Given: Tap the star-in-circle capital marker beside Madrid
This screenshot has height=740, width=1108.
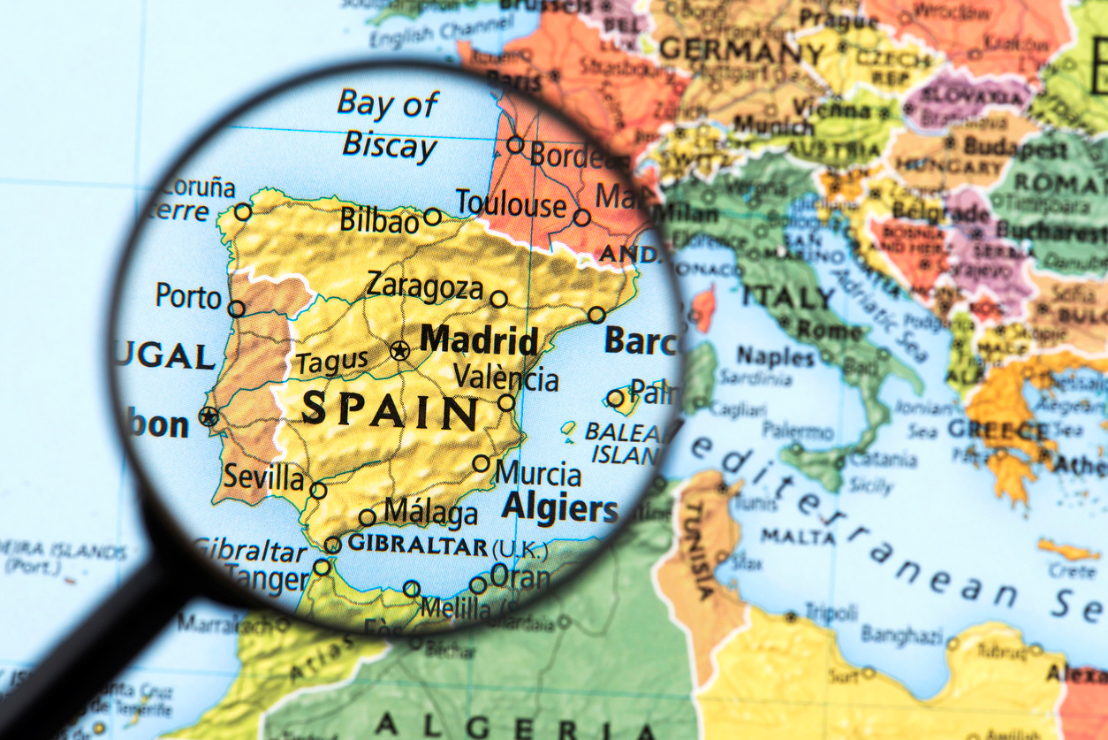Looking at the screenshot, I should [x=399, y=350].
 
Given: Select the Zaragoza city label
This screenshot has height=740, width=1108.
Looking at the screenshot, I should [x=425, y=286].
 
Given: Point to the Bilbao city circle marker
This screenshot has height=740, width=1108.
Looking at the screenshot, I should [x=432, y=216].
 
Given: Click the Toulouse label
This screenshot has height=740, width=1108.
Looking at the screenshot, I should [x=510, y=204].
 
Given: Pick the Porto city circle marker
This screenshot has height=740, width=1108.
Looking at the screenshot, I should [x=236, y=309].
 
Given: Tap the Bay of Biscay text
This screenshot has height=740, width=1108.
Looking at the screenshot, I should [x=389, y=125].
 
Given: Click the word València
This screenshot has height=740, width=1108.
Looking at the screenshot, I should [x=505, y=378].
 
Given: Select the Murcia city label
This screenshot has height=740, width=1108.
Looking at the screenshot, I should [x=537, y=474].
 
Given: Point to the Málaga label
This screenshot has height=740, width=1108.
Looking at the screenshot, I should [x=430, y=513].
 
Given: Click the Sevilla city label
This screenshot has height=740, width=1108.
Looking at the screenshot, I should [x=262, y=477].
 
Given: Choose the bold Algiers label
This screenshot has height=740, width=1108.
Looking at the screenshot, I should [x=559, y=508].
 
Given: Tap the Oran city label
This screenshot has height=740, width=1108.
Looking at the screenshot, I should [x=520, y=577].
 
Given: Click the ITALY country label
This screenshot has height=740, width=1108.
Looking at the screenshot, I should [x=787, y=295].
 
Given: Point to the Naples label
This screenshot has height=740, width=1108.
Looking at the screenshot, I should [x=775, y=356].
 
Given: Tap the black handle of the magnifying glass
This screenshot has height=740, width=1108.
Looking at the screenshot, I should [x=80, y=654].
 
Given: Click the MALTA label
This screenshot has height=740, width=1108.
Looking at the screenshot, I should [x=785, y=536].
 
